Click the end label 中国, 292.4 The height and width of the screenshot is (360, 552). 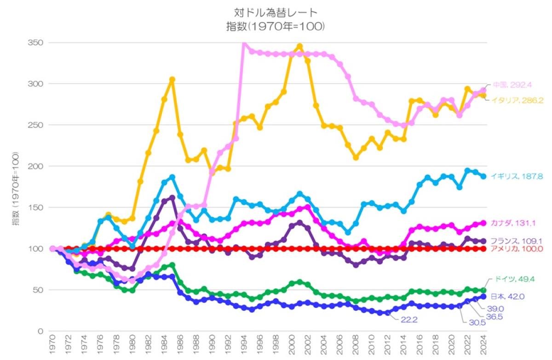coord(512,85)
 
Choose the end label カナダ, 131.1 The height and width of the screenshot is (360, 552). coord(512,223)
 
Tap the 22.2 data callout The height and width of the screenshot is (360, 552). coord(408,320)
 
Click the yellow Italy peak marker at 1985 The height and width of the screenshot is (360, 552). coord(172,80)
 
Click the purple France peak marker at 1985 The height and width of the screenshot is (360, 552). coord(172,198)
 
